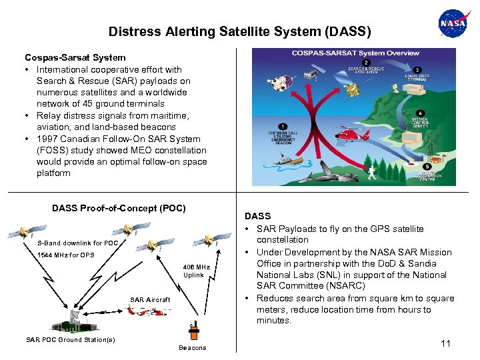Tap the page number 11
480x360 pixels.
click(x=445, y=343)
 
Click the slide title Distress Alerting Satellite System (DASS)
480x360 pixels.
click(x=239, y=31)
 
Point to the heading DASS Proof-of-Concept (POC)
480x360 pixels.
click(x=119, y=208)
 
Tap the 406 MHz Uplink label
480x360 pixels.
click(x=197, y=271)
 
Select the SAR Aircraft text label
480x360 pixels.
click(x=150, y=300)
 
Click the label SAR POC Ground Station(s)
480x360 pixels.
click(x=70, y=340)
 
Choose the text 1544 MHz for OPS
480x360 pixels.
click(x=66, y=255)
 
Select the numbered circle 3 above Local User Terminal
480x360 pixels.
click(x=418, y=69)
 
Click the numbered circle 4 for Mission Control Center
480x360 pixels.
click(x=419, y=113)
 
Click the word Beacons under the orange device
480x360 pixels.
click(x=193, y=348)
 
